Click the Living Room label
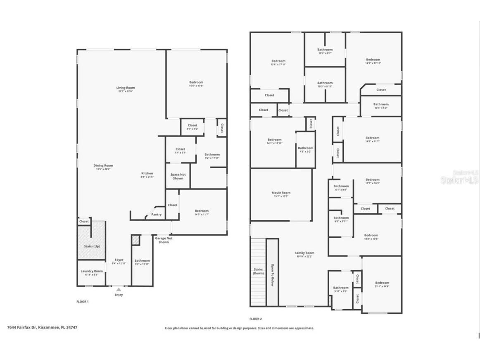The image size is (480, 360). (125, 88)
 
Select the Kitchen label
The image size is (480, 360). (147, 173)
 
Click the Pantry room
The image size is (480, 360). (156, 215)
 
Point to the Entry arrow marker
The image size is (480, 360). (119, 290)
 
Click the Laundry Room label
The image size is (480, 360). (92, 271)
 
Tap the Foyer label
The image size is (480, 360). (119, 260)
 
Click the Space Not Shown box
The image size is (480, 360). (178, 176)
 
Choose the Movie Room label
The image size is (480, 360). (281, 193)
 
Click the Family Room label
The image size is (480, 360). (304, 253)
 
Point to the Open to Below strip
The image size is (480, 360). (272, 273)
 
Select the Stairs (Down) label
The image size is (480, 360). (258, 271)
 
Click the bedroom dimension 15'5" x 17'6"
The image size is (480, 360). (196, 86)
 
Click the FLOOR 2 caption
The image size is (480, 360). (255, 319)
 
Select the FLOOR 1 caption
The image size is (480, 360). (82, 302)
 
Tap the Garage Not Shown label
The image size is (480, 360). (164, 240)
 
